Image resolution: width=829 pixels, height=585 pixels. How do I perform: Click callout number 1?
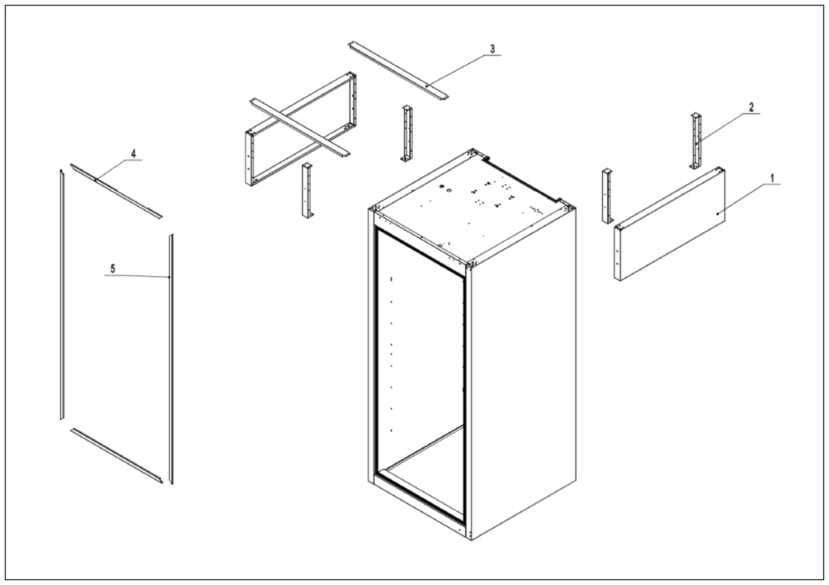(x=772, y=178)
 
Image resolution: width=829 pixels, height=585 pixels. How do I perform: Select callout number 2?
(x=751, y=107)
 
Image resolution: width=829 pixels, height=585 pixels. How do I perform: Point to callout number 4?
(x=134, y=154)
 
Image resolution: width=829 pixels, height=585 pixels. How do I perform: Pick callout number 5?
(x=113, y=269)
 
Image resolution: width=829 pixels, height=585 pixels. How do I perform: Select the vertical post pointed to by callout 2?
(x=696, y=141)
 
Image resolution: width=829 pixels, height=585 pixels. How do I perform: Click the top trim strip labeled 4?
(x=115, y=191)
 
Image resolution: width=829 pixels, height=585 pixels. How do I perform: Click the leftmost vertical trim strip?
(x=62, y=294)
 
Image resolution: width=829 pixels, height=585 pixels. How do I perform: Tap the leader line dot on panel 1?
(x=718, y=214)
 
